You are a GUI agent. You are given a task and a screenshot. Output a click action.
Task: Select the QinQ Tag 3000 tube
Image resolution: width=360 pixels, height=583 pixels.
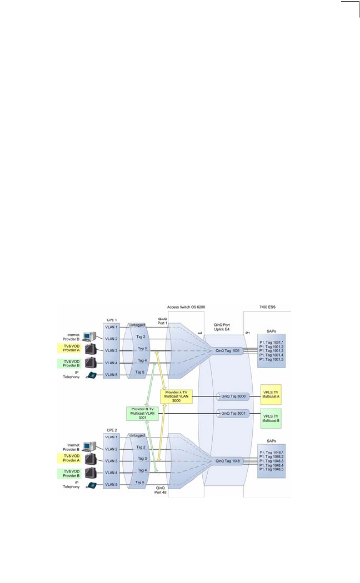(x=232, y=396)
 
